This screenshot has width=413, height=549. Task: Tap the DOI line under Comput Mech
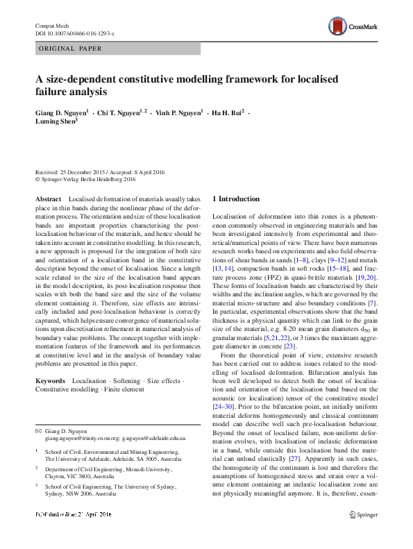coord(74,33)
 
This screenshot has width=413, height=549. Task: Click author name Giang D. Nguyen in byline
coord(61,111)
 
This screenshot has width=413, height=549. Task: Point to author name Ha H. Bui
coord(226,111)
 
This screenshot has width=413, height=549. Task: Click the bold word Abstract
coord(48,199)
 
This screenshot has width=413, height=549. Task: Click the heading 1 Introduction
coord(235,199)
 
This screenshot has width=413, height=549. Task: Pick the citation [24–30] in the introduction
coord(223,407)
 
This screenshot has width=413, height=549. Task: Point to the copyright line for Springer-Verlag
coord(85,179)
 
